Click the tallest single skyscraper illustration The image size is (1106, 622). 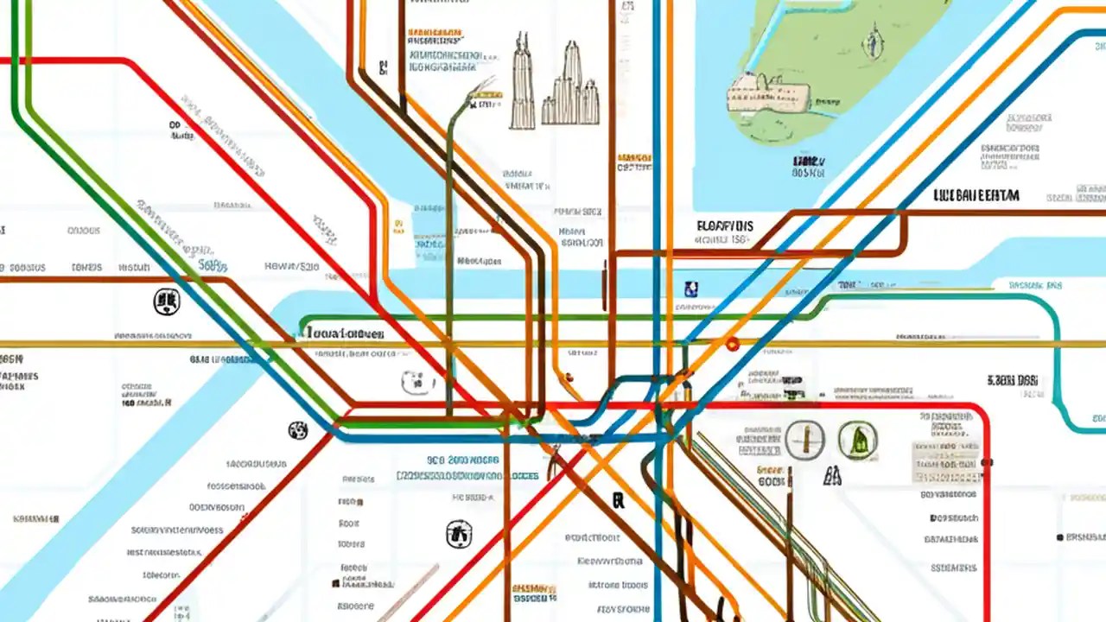click(x=523, y=84)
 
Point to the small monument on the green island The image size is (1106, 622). click(x=874, y=42)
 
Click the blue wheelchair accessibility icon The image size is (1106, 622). click(x=690, y=289)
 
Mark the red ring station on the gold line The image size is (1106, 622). click(x=733, y=345)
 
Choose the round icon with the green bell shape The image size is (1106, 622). click(x=857, y=440)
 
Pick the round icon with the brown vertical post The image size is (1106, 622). click(x=805, y=440)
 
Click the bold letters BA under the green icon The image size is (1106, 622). click(x=833, y=474)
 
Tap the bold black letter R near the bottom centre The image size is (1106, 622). click(x=618, y=499)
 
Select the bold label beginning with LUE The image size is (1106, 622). click(x=976, y=196)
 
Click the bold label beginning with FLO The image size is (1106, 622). click(x=724, y=226)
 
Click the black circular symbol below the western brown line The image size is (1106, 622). click(x=166, y=301)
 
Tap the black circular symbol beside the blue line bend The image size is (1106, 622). click(x=298, y=429)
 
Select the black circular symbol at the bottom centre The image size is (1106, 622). click(x=459, y=533)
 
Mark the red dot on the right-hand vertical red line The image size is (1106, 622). click(x=987, y=463)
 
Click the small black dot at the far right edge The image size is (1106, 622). click(x=1060, y=537)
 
